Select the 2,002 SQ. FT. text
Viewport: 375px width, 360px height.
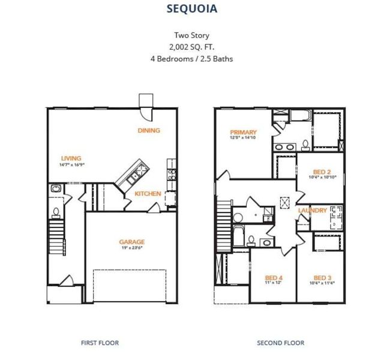191,47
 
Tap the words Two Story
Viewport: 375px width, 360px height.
191,35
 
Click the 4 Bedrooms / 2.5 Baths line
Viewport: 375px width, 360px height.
191,59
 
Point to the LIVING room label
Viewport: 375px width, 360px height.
70,158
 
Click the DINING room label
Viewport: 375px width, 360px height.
149,130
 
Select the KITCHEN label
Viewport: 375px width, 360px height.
147,194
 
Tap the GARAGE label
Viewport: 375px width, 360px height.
132,242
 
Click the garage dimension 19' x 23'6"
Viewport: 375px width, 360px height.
132,248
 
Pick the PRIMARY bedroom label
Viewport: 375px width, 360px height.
244,132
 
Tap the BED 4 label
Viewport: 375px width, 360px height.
273,278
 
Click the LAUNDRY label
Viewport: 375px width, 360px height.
313,211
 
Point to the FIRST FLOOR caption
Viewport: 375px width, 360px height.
100,343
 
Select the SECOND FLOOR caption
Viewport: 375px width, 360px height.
280,343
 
